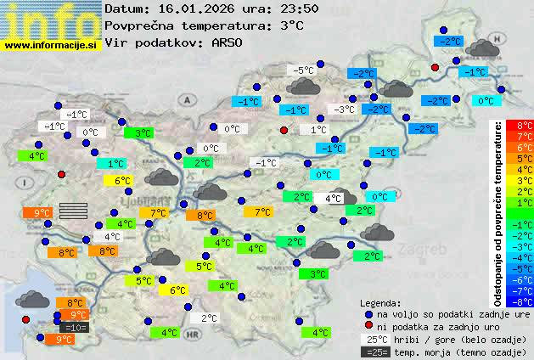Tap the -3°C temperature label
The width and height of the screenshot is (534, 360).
tap(344, 110)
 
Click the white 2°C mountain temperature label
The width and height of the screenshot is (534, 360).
tap(209, 318)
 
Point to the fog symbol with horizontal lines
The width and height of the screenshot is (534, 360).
tap(74, 211)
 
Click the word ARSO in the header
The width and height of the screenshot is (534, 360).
tap(229, 42)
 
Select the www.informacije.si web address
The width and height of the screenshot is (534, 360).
tap(52, 44)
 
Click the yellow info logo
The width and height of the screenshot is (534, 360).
tap(51, 19)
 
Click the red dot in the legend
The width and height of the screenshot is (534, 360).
tap(368, 325)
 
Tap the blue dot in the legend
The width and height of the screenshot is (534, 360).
tap(368, 313)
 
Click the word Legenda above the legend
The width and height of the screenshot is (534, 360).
tap(381, 302)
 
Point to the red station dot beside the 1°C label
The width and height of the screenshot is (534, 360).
tap(284, 130)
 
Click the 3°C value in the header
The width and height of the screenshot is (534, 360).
tap(291, 25)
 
